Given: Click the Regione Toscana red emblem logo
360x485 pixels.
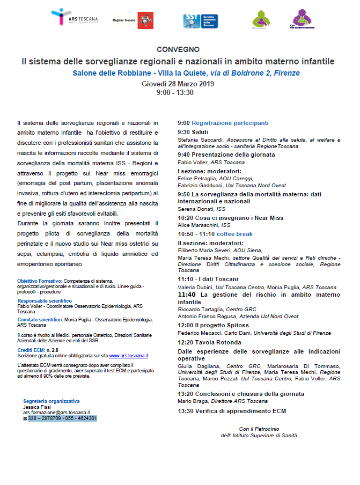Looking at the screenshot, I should (x=143, y=20).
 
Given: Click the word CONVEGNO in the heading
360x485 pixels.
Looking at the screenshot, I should (x=178, y=49).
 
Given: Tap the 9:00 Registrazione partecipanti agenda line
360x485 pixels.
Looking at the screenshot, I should (x=223, y=122).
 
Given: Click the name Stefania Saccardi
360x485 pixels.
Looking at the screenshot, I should (x=198, y=139).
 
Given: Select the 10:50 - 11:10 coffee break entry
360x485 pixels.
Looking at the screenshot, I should (x=215, y=234).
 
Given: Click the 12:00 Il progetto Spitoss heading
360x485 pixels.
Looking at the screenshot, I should (x=214, y=325).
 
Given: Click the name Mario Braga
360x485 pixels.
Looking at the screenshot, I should (x=192, y=401).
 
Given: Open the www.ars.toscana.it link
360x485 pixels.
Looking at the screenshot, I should (x=129, y=355).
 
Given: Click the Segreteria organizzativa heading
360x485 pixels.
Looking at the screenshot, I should (x=52, y=401).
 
